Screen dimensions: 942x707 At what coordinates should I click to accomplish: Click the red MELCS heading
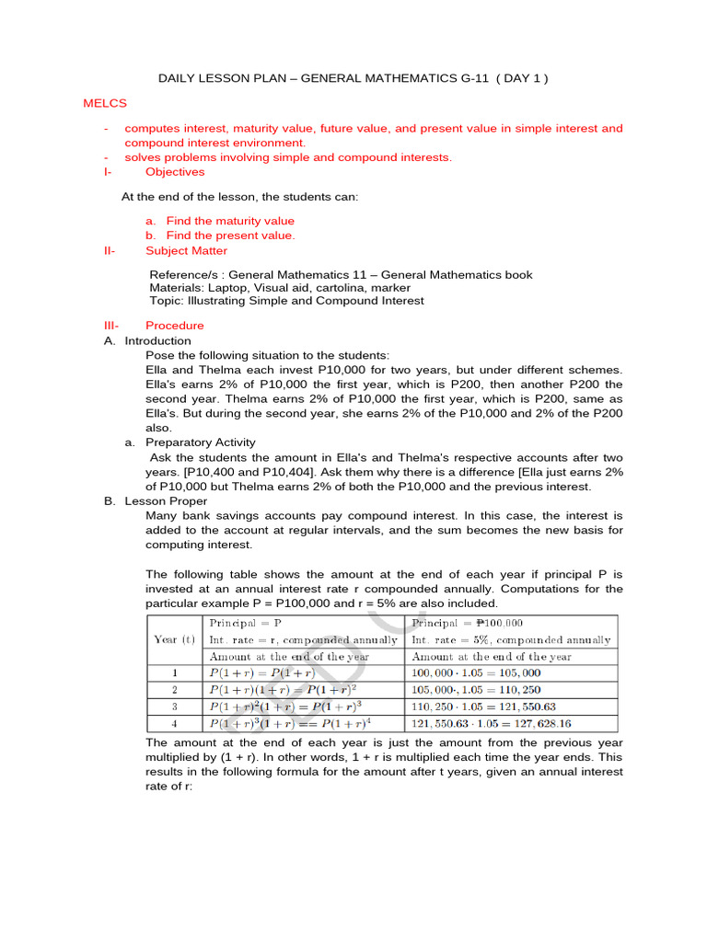coord(105,104)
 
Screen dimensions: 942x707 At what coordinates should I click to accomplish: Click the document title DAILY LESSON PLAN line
coord(353,78)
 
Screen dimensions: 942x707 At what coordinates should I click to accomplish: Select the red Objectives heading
coord(175,172)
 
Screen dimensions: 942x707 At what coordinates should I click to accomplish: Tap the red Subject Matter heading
coord(186,250)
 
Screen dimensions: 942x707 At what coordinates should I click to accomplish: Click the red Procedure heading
coord(175,326)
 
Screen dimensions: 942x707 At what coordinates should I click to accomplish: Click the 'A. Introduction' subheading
coord(147,340)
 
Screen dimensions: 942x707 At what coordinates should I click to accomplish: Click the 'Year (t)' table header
coord(175,639)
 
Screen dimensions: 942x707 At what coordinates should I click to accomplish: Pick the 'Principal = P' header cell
coord(246,623)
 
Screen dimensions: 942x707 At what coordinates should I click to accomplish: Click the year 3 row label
coord(175,706)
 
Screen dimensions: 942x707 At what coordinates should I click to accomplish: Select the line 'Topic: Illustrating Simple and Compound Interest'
coord(286,301)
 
